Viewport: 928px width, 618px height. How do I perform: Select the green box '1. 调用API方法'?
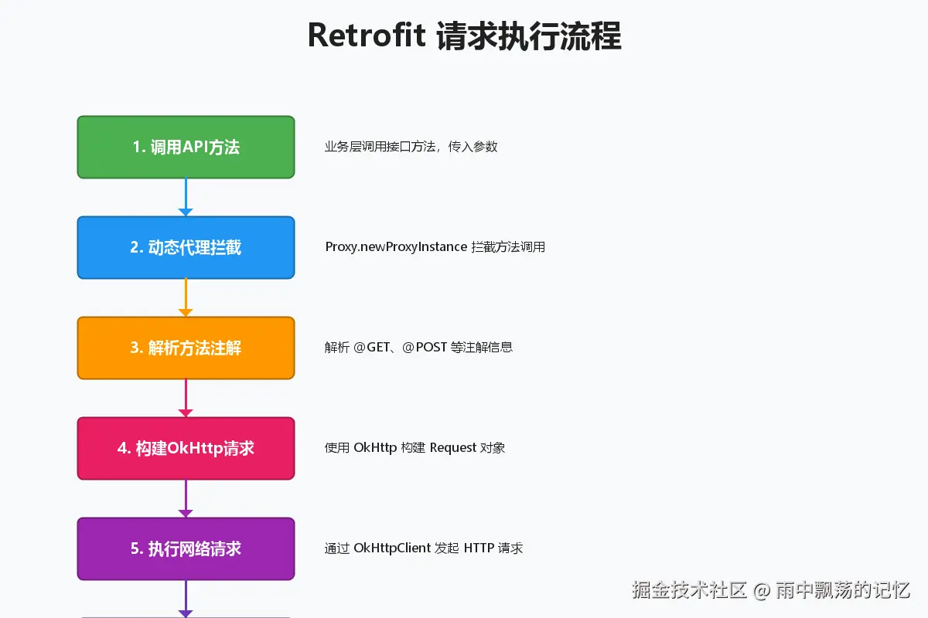pos(186,147)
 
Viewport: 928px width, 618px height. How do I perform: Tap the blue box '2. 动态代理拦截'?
pos(186,247)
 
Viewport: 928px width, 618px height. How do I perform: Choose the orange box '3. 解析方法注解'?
pos(186,348)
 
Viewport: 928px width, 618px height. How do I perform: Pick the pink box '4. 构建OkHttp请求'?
pos(186,448)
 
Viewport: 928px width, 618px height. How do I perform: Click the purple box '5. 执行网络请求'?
pos(186,548)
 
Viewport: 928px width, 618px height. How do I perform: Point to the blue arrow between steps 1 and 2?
pos(186,197)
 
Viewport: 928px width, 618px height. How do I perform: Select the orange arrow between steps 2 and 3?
pos(186,297)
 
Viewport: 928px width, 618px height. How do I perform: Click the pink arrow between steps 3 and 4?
pos(186,398)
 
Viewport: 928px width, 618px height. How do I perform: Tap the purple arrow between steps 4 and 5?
pos(186,498)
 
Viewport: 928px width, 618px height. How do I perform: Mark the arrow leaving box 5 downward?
pos(186,599)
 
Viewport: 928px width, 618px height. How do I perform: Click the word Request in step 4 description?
pos(453,448)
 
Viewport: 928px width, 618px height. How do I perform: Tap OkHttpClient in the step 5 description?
pos(392,548)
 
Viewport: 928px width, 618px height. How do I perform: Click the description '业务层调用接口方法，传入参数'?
pos(411,147)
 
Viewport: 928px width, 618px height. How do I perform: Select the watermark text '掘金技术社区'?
pos(689,591)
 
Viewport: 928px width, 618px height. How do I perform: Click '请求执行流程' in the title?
pos(529,36)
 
